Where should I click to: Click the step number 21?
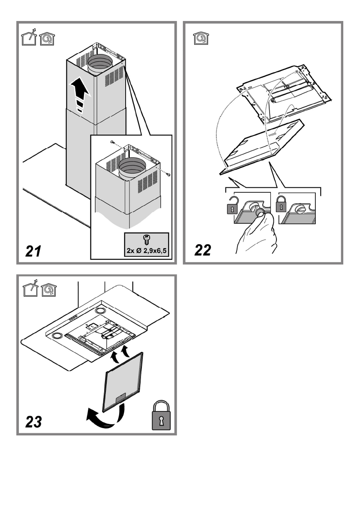33,251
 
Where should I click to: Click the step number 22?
203,250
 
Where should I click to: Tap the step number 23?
34,422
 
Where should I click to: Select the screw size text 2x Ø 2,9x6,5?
146,251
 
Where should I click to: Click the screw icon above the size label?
146,240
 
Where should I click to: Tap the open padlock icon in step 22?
233,206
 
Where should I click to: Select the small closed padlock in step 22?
281,204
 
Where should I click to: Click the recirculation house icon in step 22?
201,38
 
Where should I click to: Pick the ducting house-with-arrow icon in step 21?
29,37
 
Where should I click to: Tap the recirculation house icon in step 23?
48,290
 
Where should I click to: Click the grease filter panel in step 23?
122,382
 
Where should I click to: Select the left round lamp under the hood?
58,335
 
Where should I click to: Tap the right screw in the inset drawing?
168,175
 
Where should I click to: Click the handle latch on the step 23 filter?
120,397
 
